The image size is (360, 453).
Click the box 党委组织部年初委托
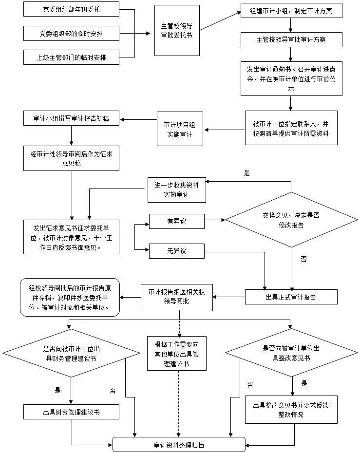point(71,9)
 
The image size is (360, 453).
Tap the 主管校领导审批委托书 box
point(176,30)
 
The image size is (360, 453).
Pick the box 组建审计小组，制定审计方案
point(291,11)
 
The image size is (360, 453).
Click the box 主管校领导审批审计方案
point(291,40)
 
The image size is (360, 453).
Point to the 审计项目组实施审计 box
point(180,129)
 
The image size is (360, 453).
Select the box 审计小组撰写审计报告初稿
point(71,118)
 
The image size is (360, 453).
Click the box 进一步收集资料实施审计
point(176,189)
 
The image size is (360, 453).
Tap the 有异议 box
point(176,222)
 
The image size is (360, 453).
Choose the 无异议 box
point(176,251)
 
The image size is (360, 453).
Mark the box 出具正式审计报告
point(291,297)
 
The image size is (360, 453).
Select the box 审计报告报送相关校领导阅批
point(176,297)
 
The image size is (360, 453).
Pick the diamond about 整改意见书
point(291,353)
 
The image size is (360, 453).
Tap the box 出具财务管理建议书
point(71,412)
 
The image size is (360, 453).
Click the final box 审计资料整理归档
point(179,445)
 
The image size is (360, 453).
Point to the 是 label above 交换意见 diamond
point(246,173)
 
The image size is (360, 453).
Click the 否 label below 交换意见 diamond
point(304,259)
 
